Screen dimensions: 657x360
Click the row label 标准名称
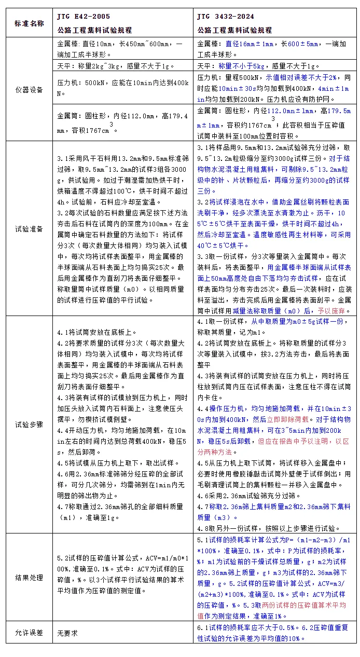click(29, 23)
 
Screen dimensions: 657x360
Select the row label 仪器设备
click(29, 89)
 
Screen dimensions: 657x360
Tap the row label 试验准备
click(29, 228)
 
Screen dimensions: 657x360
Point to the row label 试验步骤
click(29, 424)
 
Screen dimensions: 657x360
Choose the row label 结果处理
click(29, 577)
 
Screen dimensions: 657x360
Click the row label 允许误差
click(29, 633)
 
